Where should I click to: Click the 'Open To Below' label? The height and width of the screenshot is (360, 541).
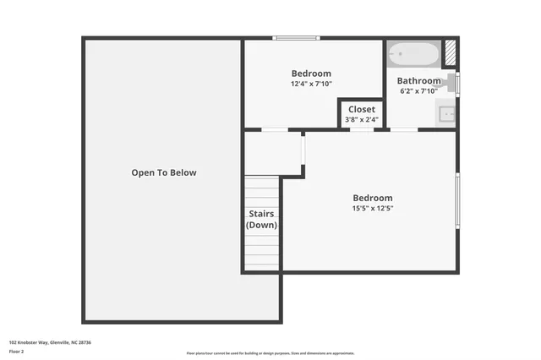pyautogui.click(x=163, y=172)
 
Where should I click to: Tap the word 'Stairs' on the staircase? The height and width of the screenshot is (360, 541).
pyautogui.click(x=261, y=214)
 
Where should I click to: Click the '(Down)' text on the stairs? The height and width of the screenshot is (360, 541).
pyautogui.click(x=261, y=225)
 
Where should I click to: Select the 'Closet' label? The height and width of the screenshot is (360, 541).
pyautogui.click(x=362, y=109)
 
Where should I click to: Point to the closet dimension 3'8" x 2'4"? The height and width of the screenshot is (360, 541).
pyautogui.click(x=362, y=120)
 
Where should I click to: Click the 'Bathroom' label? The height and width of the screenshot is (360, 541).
pyautogui.click(x=419, y=81)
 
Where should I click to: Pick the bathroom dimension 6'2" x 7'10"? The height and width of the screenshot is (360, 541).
pyautogui.click(x=419, y=91)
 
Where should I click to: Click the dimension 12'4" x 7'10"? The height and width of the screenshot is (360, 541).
pyautogui.click(x=311, y=84)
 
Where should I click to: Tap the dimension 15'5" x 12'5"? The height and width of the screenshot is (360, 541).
pyautogui.click(x=373, y=208)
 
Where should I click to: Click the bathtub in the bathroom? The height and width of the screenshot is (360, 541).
pyautogui.click(x=413, y=55)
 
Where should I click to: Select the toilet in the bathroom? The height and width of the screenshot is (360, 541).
pyautogui.click(x=453, y=83)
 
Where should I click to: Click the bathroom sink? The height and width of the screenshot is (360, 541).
pyautogui.click(x=447, y=112)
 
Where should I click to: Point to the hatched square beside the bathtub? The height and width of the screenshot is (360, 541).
pyautogui.click(x=451, y=53)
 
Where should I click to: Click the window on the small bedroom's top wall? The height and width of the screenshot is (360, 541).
pyautogui.click(x=296, y=37)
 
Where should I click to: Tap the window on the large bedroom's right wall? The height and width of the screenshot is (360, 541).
pyautogui.click(x=457, y=199)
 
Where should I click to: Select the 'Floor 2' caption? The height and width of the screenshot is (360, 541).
pyautogui.click(x=17, y=351)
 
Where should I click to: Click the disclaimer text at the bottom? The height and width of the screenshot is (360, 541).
pyautogui.click(x=270, y=353)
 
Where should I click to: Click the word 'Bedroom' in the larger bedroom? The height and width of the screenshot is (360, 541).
pyautogui.click(x=373, y=198)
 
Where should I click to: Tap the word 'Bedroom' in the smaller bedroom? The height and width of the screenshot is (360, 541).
pyautogui.click(x=311, y=74)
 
